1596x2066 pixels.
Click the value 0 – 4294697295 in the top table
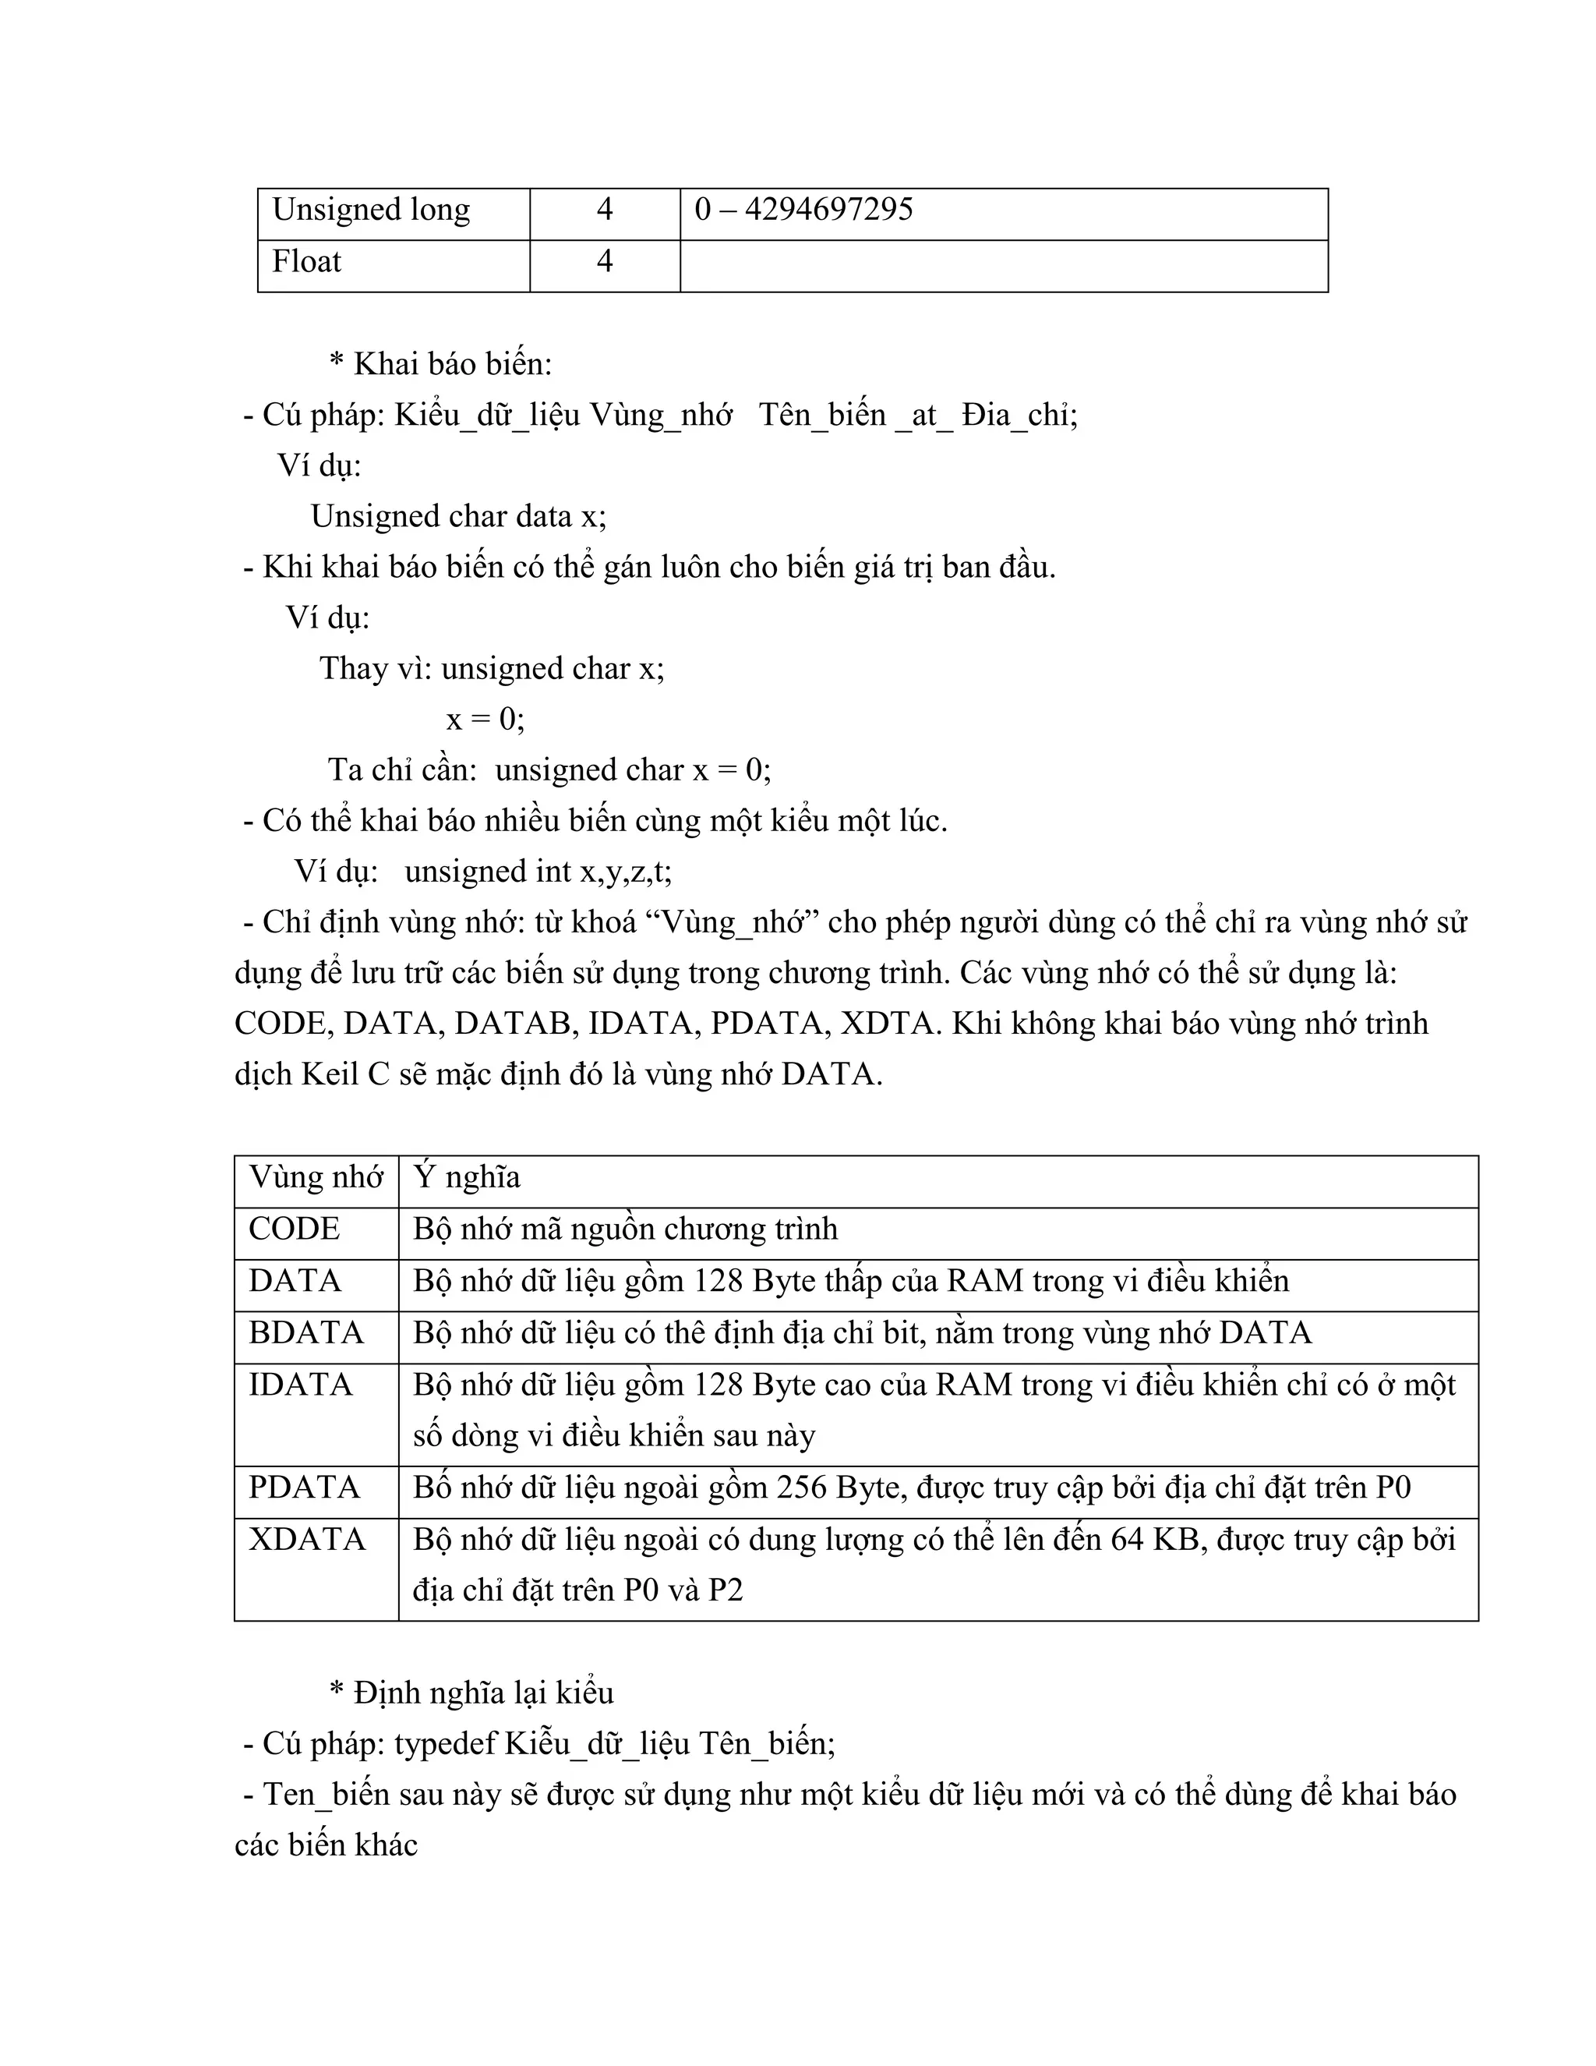[x=803, y=209]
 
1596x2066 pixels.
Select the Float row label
[x=306, y=261]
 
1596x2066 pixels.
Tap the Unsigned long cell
[x=371, y=209]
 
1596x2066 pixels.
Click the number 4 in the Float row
[x=604, y=261]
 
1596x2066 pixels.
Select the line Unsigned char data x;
[x=458, y=516]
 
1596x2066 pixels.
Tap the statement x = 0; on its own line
[x=485, y=720]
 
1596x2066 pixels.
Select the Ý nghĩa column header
[x=467, y=1176]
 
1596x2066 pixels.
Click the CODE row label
[x=294, y=1229]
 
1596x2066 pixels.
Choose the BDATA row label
[x=305, y=1333]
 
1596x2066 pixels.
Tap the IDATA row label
[x=301, y=1385]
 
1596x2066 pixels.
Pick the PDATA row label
[x=305, y=1488]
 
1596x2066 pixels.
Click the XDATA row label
[x=306, y=1540]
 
